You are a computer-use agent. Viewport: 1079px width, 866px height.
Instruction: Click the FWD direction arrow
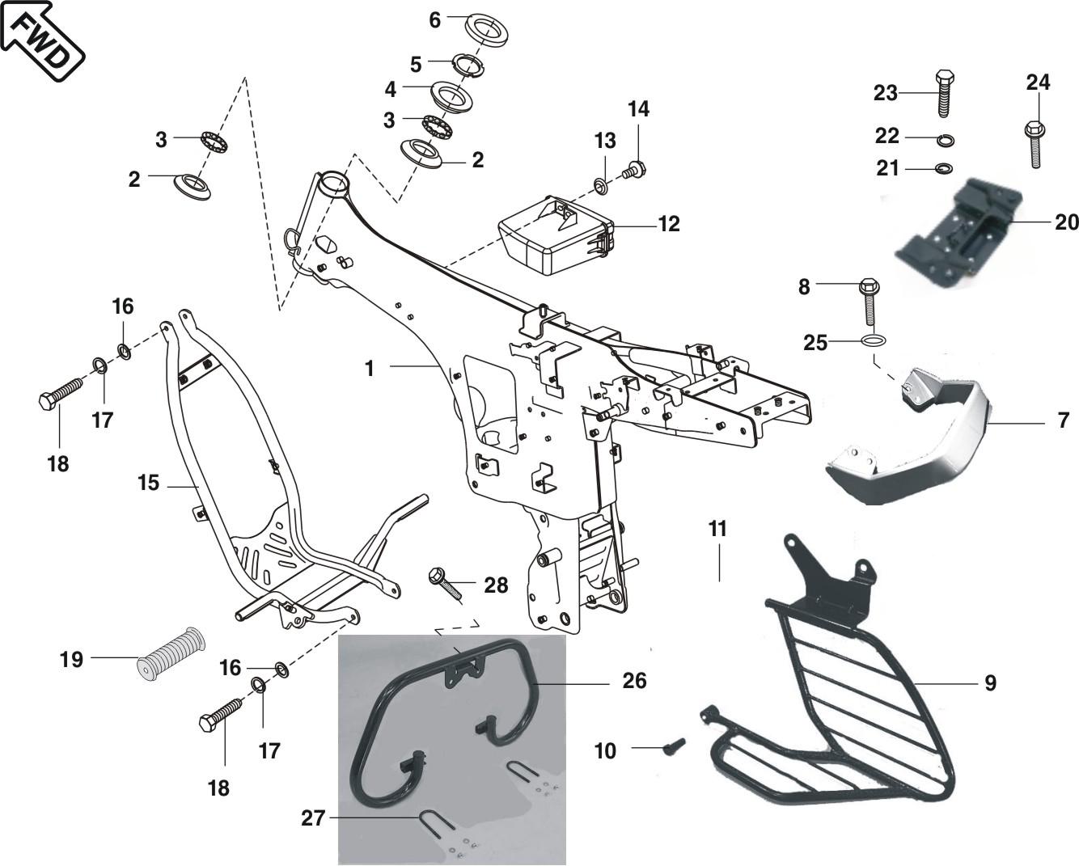click(x=42, y=40)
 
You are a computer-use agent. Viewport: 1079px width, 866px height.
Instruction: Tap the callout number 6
click(x=434, y=20)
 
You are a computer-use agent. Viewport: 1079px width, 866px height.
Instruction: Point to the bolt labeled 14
click(x=635, y=171)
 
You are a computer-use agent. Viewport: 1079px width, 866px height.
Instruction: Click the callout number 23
click(x=886, y=93)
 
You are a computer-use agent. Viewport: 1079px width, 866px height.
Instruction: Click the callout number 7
click(x=1063, y=420)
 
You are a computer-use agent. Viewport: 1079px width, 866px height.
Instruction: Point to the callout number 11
click(x=717, y=529)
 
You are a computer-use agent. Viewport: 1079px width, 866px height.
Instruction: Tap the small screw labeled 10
click(x=673, y=747)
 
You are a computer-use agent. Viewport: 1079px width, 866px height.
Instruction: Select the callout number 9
click(x=990, y=683)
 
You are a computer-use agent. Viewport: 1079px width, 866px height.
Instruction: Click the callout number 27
click(x=313, y=818)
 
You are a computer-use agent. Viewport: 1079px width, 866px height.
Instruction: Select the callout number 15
click(x=148, y=484)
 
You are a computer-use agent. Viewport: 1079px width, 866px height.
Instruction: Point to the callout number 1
click(x=370, y=369)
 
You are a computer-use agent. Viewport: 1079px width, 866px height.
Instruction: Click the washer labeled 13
click(x=599, y=188)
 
